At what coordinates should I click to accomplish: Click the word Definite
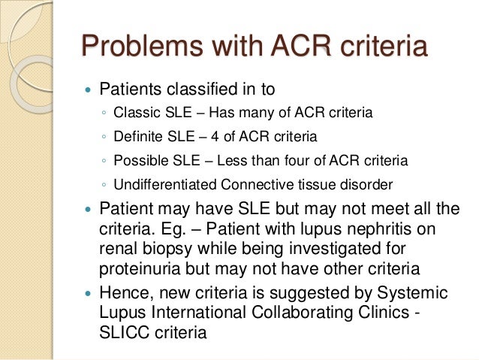(x=136, y=137)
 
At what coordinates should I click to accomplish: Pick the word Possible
(x=137, y=161)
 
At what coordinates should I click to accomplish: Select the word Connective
(x=252, y=184)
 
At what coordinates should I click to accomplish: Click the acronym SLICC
(x=123, y=332)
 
